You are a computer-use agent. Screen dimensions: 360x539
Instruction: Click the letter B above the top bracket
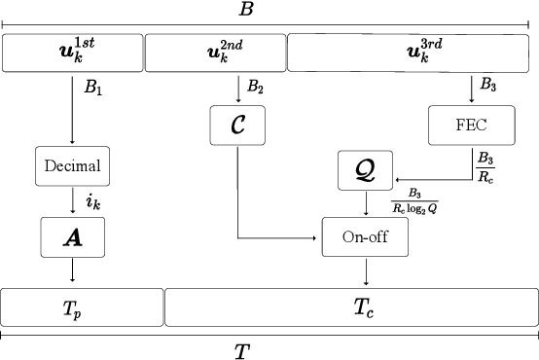[246, 10]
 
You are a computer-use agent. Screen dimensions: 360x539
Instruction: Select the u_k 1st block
[73, 53]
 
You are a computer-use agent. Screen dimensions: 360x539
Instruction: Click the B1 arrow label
[92, 88]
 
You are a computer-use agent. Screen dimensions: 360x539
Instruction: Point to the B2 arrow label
[255, 88]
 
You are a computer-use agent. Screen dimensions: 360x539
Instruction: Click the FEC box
[471, 124]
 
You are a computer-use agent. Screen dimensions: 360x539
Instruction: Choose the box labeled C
[238, 125]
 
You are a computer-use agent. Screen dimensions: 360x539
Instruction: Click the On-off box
[364, 236]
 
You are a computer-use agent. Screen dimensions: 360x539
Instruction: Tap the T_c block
[351, 307]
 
